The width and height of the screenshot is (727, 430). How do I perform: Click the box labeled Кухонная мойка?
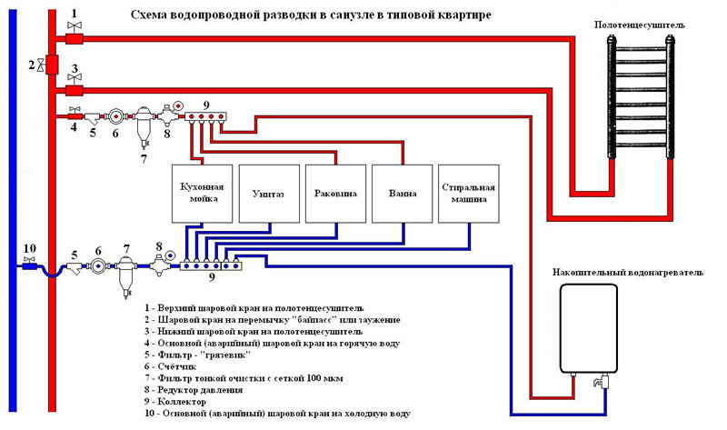tap(203, 194)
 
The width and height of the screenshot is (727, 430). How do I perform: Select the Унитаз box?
tap(268, 194)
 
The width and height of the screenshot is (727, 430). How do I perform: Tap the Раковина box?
tap(334, 194)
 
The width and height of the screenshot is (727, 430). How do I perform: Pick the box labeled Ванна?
tap(402, 194)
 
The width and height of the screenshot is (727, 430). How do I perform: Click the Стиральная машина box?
tap(468, 194)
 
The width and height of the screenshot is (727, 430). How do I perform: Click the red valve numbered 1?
tap(75, 37)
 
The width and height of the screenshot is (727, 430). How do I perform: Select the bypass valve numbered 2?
tap(52, 65)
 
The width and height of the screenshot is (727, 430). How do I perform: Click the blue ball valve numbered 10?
tap(30, 265)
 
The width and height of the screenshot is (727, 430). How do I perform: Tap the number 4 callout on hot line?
tap(75, 127)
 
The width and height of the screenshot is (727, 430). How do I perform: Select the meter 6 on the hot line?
tap(115, 116)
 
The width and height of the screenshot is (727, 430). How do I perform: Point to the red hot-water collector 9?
tap(208, 116)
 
